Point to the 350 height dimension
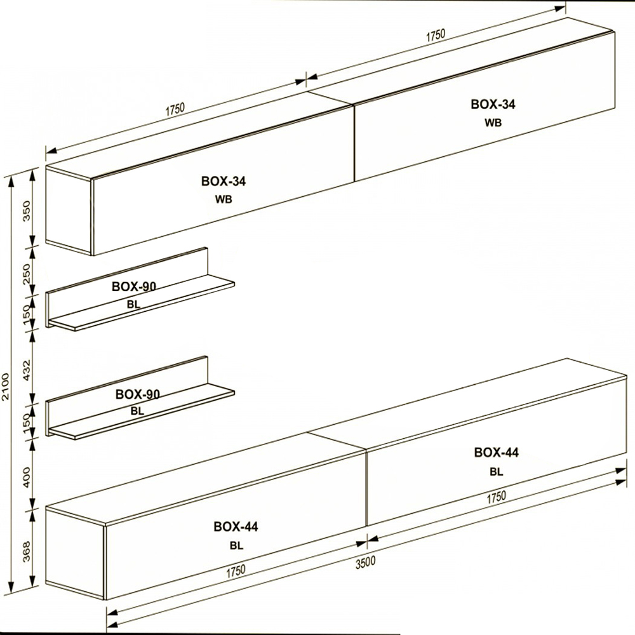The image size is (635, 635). coord(27,211)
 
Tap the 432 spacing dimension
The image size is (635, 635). coord(27,368)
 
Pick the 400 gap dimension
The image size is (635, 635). coord(27,477)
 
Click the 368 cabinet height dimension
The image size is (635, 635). coord(27,551)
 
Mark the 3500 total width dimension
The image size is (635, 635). coord(365,563)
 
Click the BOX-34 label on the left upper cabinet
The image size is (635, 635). coord(224,181)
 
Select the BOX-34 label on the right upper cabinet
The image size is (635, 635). coord(493,104)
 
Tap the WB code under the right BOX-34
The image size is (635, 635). coord(493,123)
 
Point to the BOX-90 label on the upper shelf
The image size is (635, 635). coord(134,286)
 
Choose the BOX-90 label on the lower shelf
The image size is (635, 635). coord(138,394)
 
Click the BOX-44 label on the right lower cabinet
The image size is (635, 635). coord(497,452)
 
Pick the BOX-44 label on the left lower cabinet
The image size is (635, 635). coord(236,526)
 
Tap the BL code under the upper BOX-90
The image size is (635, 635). coord(133,305)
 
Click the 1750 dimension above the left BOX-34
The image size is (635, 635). coord(175,109)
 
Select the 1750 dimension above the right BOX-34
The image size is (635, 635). coord(436,35)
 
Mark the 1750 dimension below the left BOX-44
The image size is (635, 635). coord(236,571)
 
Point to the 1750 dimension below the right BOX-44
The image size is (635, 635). coord(496,497)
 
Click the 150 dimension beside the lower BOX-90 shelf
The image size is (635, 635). coord(27,423)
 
